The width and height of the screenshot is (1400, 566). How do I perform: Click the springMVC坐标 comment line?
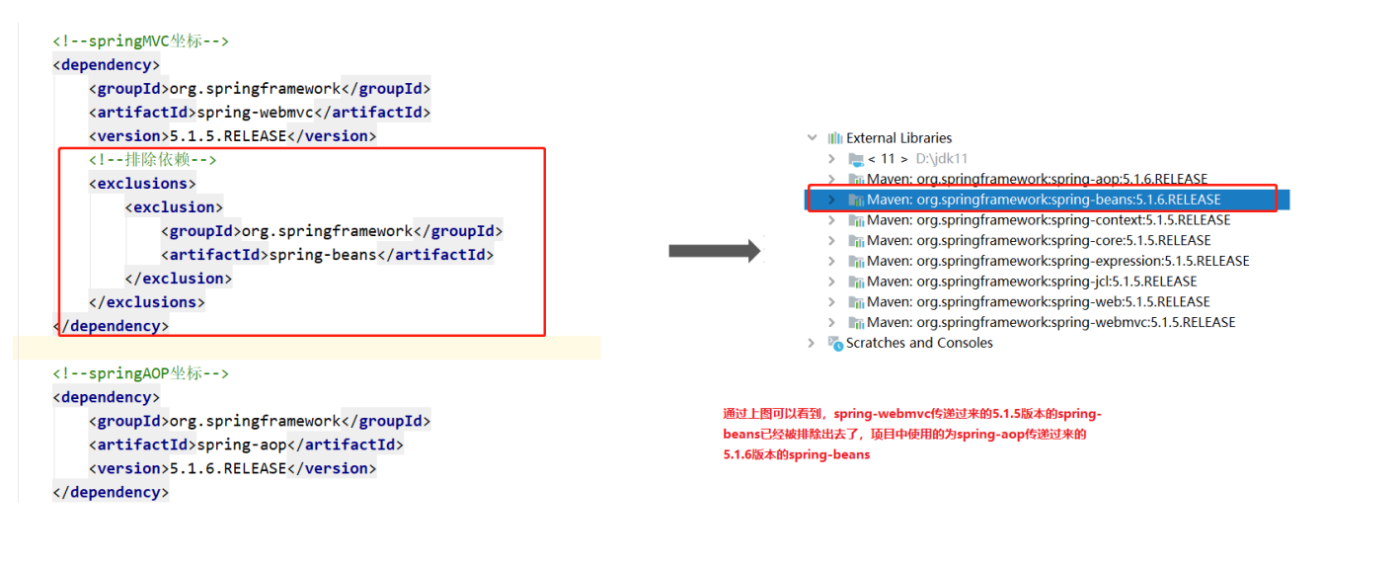pos(140,41)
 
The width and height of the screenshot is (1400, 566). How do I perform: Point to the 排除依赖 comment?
pos(152,160)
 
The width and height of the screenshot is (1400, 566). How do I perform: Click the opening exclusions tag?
pos(142,184)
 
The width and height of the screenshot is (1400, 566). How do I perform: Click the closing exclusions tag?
pos(146,302)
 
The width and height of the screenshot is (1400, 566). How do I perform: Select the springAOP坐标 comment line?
pos(140,373)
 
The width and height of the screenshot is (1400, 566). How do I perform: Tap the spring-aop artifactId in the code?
pos(242,445)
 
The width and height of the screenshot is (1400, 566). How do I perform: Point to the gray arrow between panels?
pos(715,251)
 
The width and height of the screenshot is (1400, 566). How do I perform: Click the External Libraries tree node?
pos(898,138)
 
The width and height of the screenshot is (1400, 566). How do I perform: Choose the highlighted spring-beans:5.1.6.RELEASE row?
pos(1044,200)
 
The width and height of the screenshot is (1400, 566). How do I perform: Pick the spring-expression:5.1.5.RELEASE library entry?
pos(1057,261)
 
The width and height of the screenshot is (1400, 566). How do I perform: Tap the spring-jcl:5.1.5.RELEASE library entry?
pos(1032,282)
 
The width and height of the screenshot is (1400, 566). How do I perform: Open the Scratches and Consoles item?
pos(919,343)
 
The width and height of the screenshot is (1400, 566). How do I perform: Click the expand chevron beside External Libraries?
pos(812,138)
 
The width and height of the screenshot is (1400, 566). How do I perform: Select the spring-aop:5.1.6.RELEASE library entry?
pos(1037,179)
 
